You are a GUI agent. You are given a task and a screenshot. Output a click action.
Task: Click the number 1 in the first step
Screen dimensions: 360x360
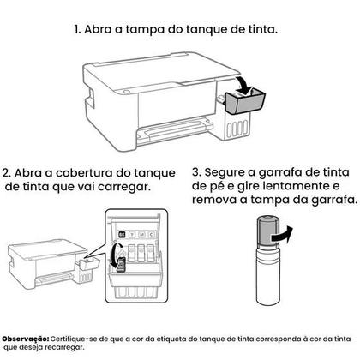pyautogui.click(x=76, y=29)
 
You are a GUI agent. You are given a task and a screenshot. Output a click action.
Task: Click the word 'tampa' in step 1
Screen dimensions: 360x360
pyautogui.click(x=141, y=29)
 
